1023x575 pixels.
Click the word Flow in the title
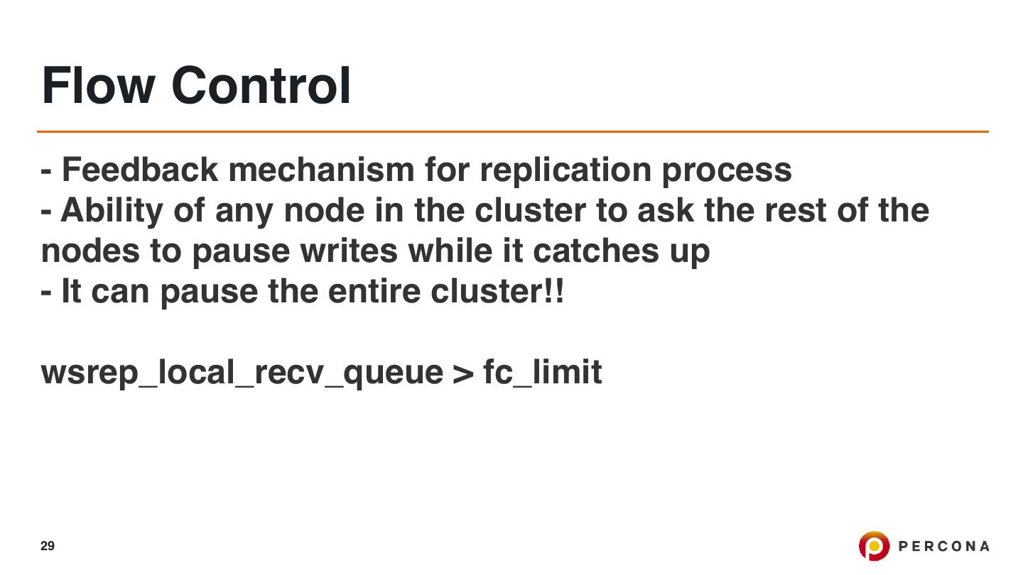98,85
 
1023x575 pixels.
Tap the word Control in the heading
261,85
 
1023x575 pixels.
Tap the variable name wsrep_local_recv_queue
242,373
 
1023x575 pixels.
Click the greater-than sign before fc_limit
462,373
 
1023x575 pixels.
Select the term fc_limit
542,373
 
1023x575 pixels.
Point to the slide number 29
48,546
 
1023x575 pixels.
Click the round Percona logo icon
874,546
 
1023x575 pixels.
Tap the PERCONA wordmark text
944,546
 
